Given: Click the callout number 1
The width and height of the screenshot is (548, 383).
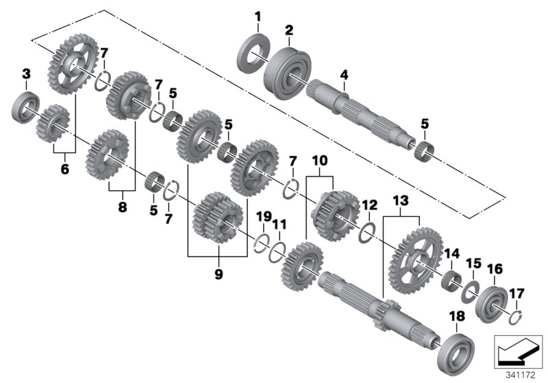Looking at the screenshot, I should (258, 16).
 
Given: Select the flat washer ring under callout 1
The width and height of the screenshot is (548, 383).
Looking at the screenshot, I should (253, 52).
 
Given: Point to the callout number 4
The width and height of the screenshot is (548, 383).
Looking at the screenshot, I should (344, 74).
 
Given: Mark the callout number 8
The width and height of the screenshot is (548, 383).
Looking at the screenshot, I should (123, 205).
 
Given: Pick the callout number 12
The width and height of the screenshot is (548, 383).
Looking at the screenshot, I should (369, 204).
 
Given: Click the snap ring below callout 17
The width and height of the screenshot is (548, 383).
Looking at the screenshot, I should (518, 314).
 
